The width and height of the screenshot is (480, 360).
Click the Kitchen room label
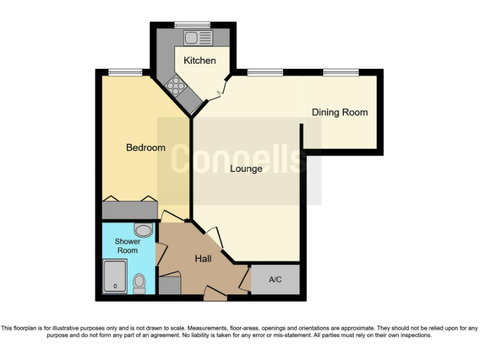pyautogui.click(x=199, y=61)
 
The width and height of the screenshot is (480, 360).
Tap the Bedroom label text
pyautogui.click(x=146, y=147)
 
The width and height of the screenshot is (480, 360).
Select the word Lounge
pyautogui.click(x=246, y=169)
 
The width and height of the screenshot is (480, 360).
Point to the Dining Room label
pyautogui.click(x=339, y=112)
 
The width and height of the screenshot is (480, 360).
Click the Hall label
pyautogui.click(x=202, y=259)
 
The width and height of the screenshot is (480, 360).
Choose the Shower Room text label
pyautogui.click(x=127, y=246)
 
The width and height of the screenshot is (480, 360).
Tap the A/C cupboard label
pyautogui.click(x=275, y=279)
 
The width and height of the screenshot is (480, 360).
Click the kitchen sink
pyautogui.click(x=198, y=37)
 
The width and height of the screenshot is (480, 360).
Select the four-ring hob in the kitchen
pyautogui.click(x=176, y=86)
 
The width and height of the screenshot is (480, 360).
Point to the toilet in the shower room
pyautogui.click(x=139, y=283)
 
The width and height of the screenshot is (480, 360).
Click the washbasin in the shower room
pyautogui.click(x=143, y=230)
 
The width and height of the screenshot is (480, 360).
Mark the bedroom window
pyautogui.click(x=121, y=72)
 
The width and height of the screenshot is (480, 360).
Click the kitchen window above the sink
pyautogui.click(x=192, y=25)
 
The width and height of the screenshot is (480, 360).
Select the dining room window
pyautogui.click(x=341, y=72)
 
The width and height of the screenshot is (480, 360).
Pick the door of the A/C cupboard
pyautogui.click(x=244, y=281)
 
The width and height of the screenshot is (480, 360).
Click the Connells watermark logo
pyautogui.click(x=239, y=160)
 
